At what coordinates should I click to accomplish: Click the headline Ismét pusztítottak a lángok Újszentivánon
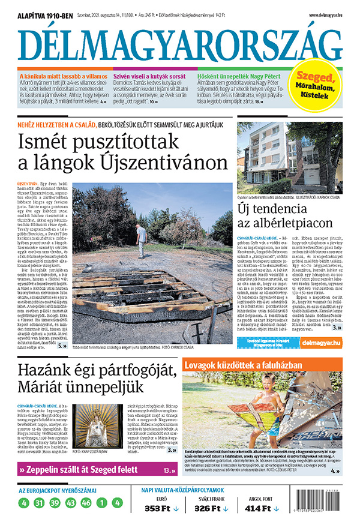tap(123, 152)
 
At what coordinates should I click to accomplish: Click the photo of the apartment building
tap(290, 154)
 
